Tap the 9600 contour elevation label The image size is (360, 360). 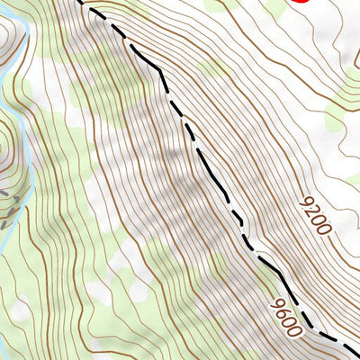283,319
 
